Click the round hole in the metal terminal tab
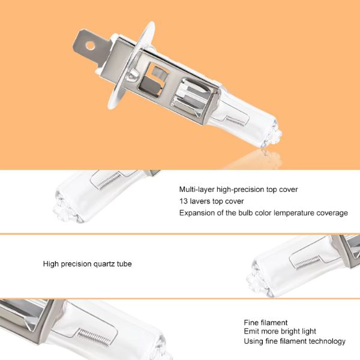click(x=90, y=46)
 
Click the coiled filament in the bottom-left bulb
click(x=94, y=337)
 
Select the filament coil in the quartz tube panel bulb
click(x=307, y=263)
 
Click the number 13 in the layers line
click(x=184, y=202)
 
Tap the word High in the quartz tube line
click(x=51, y=264)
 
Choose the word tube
click(x=124, y=264)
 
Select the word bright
click(x=289, y=332)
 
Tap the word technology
click(x=327, y=341)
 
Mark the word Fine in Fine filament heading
click(x=251, y=323)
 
